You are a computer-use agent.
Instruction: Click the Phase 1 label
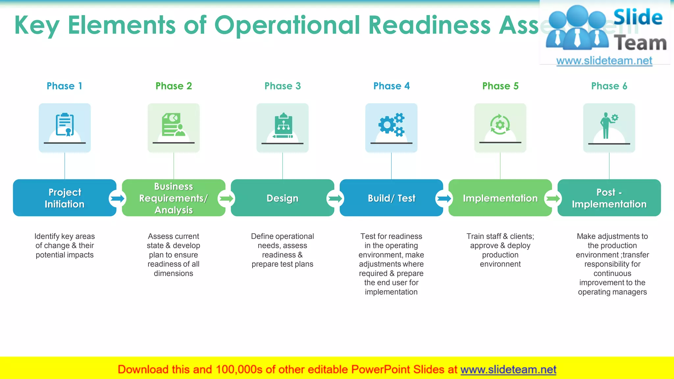click(64, 86)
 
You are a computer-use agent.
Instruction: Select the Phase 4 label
click(391, 86)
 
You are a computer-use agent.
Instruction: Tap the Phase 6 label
click(609, 86)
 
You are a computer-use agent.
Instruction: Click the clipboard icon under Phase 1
click(65, 125)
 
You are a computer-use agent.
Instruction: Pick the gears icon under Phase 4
click(391, 125)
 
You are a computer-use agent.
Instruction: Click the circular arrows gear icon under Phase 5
click(500, 125)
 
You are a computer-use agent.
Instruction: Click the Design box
click(282, 198)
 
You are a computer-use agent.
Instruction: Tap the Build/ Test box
click(391, 198)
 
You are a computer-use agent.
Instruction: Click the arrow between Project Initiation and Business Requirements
click(117, 198)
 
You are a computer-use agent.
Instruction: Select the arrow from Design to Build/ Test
click(335, 198)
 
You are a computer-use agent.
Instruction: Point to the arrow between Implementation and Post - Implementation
click(553, 198)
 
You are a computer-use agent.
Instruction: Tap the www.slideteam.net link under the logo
click(604, 61)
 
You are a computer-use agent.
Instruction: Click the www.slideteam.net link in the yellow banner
click(508, 369)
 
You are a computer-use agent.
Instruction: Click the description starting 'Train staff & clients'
click(500, 250)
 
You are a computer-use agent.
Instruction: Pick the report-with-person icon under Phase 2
click(173, 125)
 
